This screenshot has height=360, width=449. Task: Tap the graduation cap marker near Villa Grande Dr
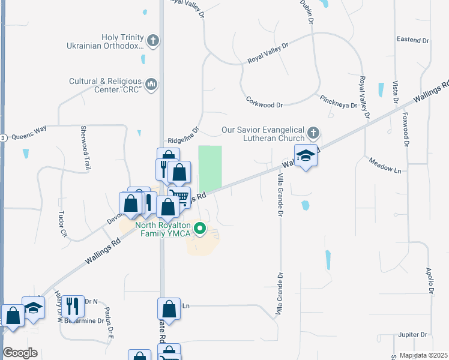306,155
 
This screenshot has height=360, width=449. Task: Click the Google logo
20,353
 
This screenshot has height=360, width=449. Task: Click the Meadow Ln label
384,166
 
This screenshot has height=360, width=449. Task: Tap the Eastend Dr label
413,40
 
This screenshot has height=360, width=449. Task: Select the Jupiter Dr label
412,334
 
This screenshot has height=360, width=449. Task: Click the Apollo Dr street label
430,281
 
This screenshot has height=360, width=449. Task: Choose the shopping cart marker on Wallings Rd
178,197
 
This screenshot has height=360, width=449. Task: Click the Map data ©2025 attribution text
424,355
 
